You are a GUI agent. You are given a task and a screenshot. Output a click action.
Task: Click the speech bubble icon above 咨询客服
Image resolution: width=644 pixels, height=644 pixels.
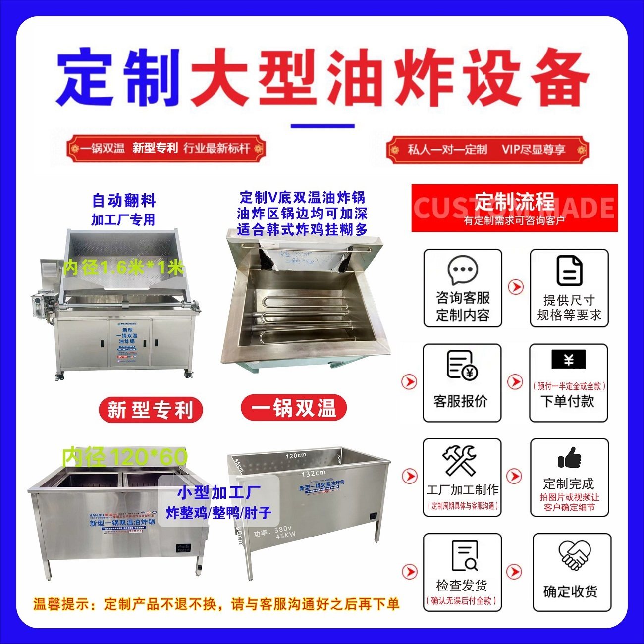click(x=462, y=270)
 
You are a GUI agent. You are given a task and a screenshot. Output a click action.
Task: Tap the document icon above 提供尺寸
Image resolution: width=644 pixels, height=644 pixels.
click(x=569, y=270)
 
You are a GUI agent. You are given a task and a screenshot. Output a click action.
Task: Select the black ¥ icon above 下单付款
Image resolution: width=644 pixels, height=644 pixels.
click(x=568, y=360)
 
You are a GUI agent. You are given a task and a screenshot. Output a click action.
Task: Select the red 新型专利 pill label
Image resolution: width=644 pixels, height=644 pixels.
click(x=151, y=410)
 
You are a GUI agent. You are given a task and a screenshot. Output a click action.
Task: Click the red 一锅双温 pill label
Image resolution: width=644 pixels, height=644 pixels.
click(x=294, y=408)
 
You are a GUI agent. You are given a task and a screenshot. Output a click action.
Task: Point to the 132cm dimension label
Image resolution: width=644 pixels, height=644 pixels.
click(x=314, y=473)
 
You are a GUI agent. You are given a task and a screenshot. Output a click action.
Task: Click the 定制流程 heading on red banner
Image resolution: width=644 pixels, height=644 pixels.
click(x=514, y=202)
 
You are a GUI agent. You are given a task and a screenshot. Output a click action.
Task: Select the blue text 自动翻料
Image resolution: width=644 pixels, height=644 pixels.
click(x=124, y=201)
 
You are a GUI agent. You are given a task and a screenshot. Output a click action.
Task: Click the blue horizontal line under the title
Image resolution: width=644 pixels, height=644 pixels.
click(x=322, y=126)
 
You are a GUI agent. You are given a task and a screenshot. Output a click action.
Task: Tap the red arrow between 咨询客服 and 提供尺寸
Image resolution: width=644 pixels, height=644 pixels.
click(x=516, y=287)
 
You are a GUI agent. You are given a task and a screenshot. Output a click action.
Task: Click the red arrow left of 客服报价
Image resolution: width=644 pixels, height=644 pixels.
click(x=409, y=382)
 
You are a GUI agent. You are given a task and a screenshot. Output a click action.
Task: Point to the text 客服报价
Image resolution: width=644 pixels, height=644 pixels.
click(x=461, y=401)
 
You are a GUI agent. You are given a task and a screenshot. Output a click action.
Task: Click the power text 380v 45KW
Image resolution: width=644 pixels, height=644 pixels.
click(x=279, y=534)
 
